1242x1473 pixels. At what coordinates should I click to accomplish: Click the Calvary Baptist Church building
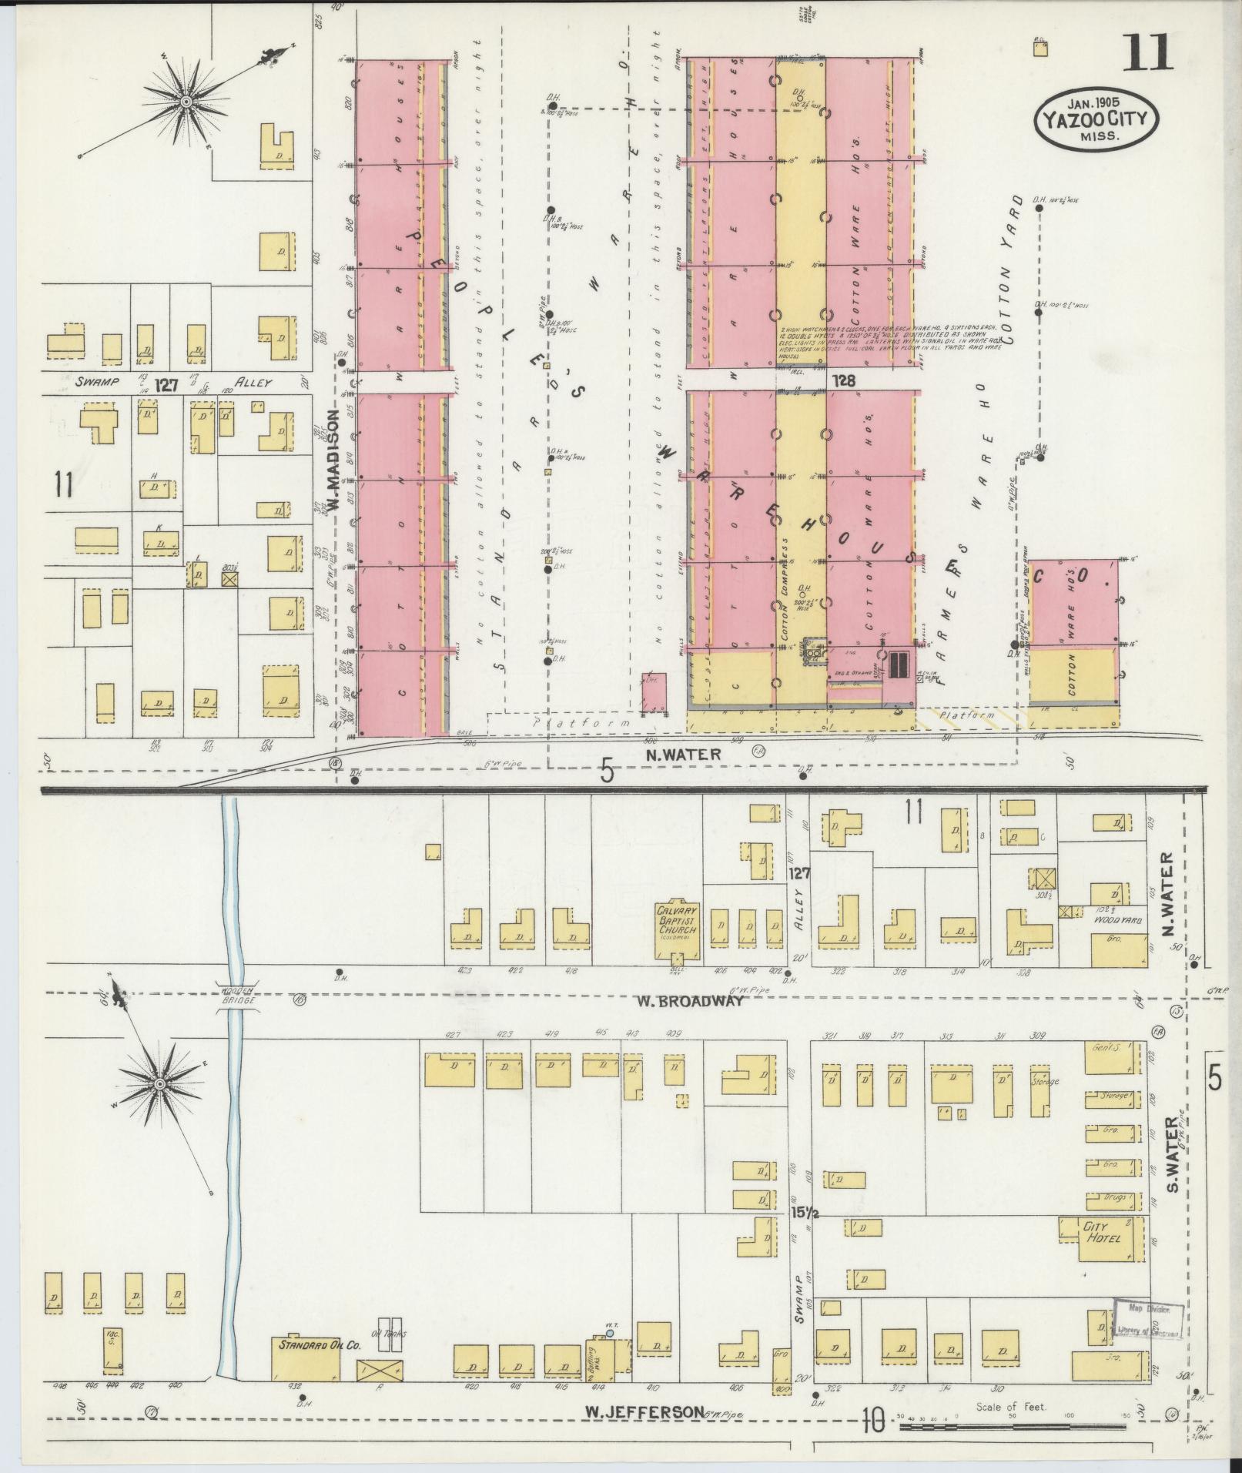click(x=676, y=927)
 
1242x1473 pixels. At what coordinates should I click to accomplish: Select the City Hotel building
click(x=1105, y=1237)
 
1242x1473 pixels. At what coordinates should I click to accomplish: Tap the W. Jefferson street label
click(x=644, y=1411)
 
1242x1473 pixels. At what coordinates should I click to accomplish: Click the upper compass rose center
click(x=186, y=101)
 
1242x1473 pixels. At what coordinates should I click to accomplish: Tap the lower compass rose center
click(x=160, y=1084)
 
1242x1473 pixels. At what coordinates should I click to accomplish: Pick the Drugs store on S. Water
click(x=1113, y=1197)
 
